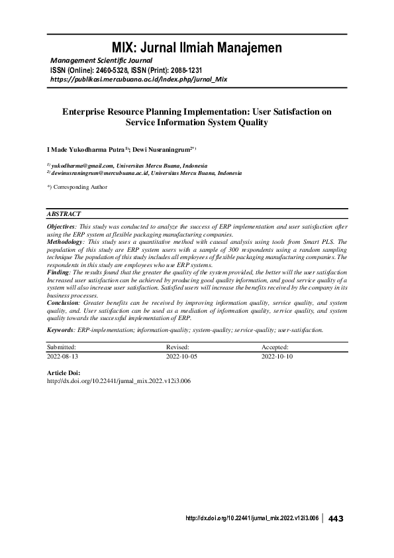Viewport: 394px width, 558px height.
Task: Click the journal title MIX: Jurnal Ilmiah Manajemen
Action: (x=197, y=48)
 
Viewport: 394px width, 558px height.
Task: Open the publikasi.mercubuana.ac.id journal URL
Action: (x=139, y=79)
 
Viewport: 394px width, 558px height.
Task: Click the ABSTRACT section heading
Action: (x=64, y=214)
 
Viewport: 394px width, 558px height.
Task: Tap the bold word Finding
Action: (x=57, y=272)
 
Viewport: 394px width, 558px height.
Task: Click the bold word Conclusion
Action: (x=62, y=301)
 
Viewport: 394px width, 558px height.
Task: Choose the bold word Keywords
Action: (x=61, y=329)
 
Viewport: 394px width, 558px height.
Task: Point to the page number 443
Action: (x=336, y=518)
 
